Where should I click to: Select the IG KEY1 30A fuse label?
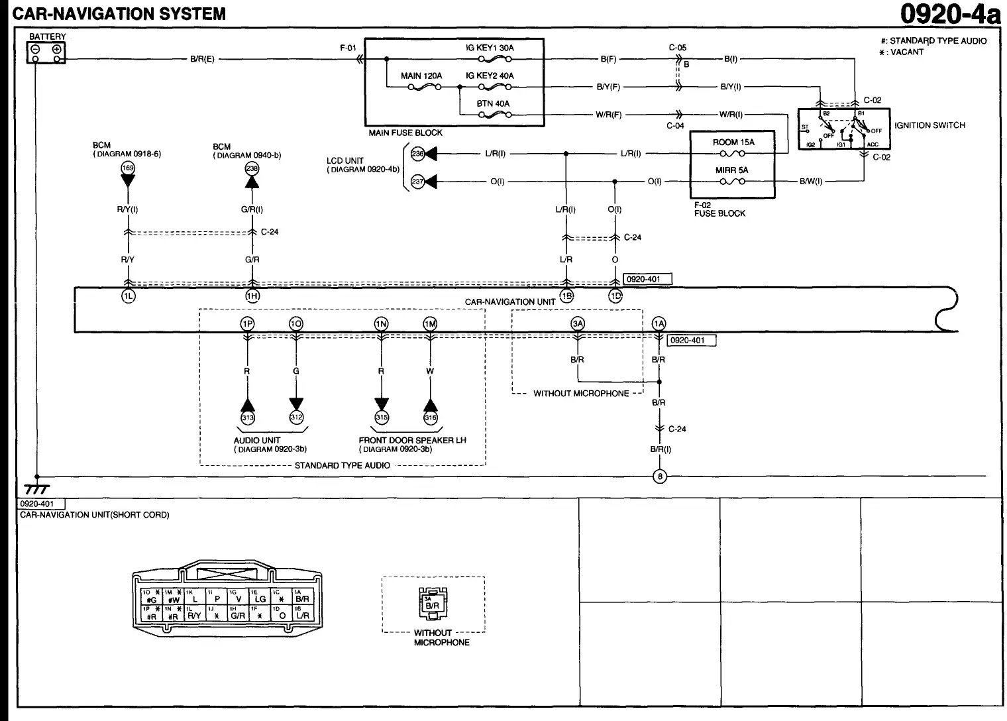click(490, 48)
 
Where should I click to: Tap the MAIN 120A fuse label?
click(421, 76)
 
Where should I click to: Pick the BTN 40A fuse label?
click(493, 104)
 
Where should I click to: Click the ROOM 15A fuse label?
click(733, 142)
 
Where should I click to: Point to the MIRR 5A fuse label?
click(731, 170)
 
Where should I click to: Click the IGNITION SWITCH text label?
click(929, 125)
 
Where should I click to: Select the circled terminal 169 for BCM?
click(127, 168)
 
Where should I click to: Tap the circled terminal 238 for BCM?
click(252, 168)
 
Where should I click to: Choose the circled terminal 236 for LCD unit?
click(417, 154)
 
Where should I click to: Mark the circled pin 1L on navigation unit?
click(127, 296)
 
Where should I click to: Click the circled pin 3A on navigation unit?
click(578, 323)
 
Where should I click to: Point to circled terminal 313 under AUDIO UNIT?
click(247, 417)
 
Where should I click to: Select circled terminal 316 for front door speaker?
click(431, 417)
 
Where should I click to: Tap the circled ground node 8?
click(659, 476)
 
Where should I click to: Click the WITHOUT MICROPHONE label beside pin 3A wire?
click(581, 394)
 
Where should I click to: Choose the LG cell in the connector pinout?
click(260, 599)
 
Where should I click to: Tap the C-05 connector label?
click(677, 48)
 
